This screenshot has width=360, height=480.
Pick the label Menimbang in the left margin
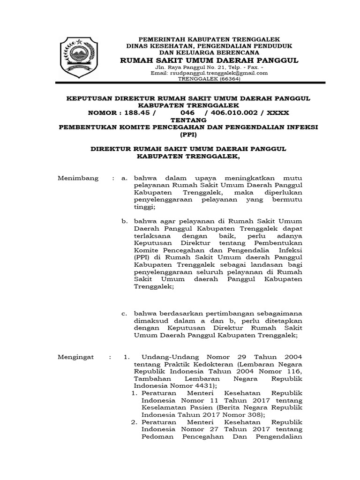point(78,178)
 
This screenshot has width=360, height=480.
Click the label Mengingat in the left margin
point(75,357)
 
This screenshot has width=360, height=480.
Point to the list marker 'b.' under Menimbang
point(124,221)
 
